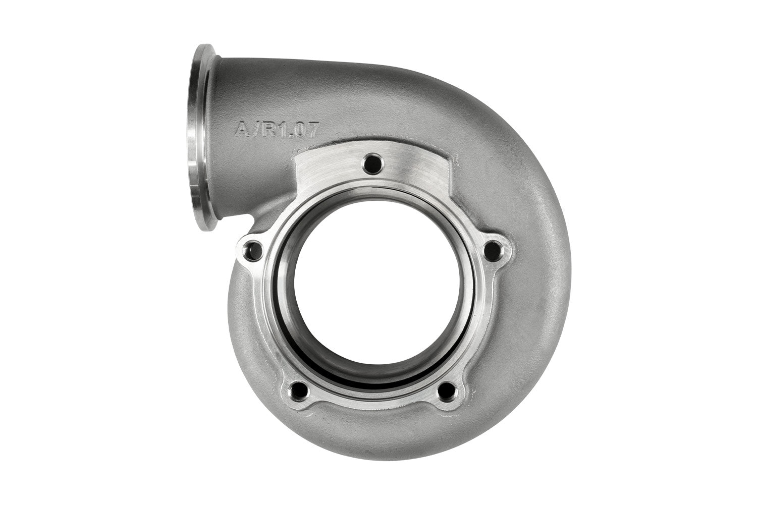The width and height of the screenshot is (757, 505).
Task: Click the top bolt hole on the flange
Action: [x=374, y=162]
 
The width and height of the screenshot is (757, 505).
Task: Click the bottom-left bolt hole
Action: [x=299, y=390]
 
